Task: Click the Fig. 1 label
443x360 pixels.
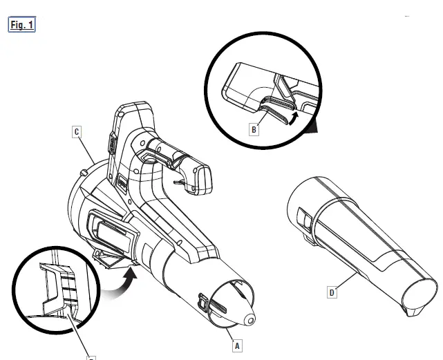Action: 21,26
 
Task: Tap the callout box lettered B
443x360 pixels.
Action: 254,129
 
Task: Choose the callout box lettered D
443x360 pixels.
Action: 333,292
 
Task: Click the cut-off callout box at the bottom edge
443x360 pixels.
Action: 90,357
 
